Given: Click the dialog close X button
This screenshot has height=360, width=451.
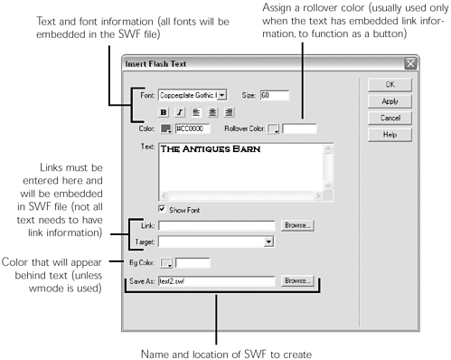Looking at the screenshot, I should (411, 62).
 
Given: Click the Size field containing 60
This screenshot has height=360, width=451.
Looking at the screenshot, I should (273, 94).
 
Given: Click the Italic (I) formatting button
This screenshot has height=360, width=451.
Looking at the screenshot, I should (181, 112).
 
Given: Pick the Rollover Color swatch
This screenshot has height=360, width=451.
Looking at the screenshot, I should (273, 128).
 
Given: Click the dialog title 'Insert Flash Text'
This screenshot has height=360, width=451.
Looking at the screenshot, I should (171, 63).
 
